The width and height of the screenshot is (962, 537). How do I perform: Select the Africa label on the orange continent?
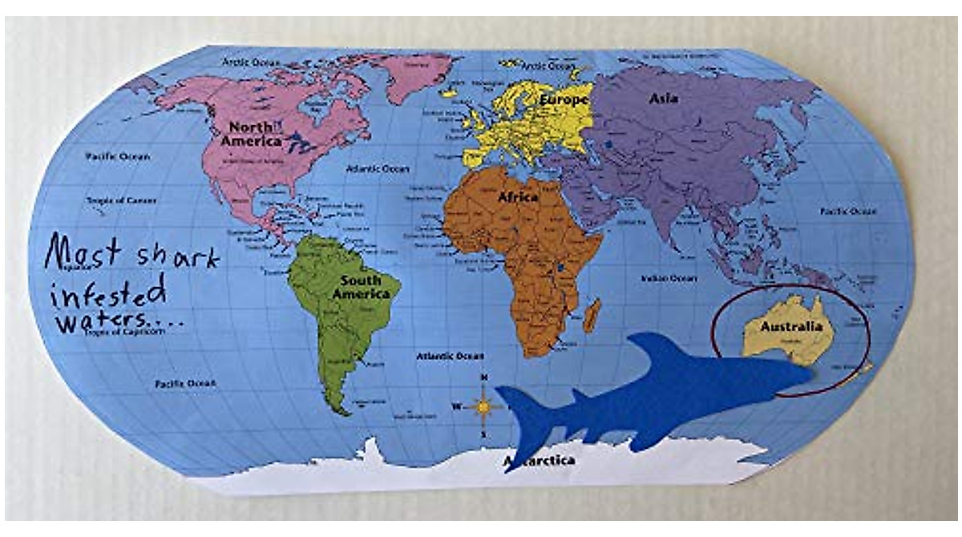click(x=518, y=197)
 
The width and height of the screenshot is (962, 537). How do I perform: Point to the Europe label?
click(x=564, y=99)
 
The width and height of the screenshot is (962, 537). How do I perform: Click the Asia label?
click(x=664, y=99)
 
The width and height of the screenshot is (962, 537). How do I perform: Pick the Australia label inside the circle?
click(x=790, y=327)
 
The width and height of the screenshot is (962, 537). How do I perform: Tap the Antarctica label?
click(x=540, y=461)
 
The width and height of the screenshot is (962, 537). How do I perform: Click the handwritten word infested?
click(x=109, y=290)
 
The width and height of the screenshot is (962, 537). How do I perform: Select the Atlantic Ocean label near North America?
click(x=378, y=169)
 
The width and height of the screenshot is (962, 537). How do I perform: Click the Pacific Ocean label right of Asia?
click(x=848, y=211)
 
